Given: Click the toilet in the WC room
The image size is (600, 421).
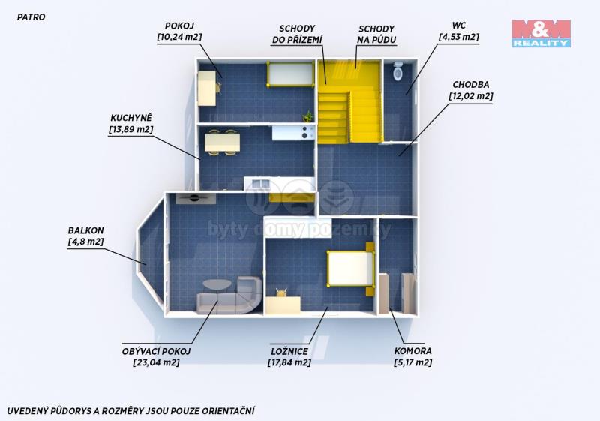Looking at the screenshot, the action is tap(398, 71).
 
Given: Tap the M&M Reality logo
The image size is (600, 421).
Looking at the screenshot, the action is tap(541, 33).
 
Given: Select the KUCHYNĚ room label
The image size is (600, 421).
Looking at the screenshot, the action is tap(131, 118).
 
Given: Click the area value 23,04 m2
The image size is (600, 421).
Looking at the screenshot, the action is tap(156, 362).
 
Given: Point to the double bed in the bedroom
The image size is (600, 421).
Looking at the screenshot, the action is tap(351, 269).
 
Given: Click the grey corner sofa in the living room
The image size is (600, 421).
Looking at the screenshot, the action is tap(229, 296).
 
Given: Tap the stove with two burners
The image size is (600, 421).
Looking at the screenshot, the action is tap(305, 132).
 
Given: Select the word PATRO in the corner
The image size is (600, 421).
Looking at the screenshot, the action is tap(31, 17).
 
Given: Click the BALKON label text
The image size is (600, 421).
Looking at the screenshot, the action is tap(85, 230).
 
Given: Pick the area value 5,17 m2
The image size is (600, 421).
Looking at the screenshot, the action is tap(413, 362).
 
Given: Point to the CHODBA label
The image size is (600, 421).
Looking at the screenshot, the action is tap(471, 85).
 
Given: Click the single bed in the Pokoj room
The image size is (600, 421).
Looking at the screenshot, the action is tap(291, 74).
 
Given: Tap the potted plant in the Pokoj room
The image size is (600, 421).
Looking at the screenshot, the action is tap(307, 116).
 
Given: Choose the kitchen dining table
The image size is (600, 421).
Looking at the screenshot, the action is tap(222, 142).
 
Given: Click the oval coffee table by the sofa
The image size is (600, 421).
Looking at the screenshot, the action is tap(217, 284).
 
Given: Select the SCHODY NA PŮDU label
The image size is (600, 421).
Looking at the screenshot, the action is tap(376, 34).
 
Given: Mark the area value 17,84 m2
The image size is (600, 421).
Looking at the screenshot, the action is tap(289, 362).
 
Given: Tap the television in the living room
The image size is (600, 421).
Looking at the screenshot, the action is tap(196, 198).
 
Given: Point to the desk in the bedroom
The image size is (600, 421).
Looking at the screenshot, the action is tap(283, 304).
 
